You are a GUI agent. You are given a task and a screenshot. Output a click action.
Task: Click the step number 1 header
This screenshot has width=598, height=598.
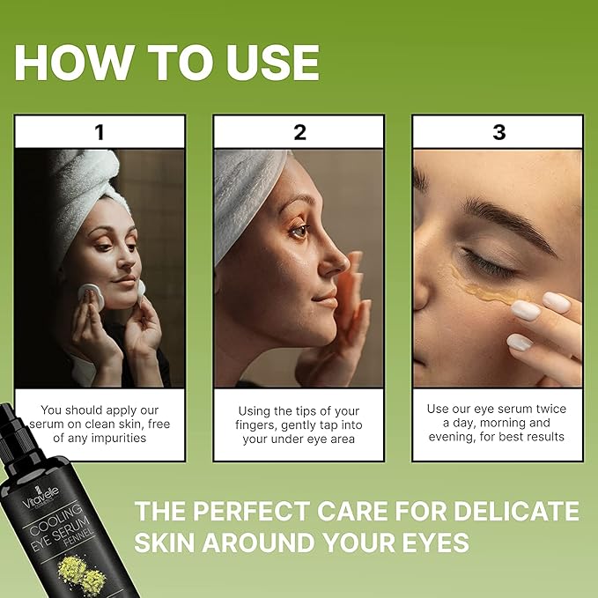[100, 133]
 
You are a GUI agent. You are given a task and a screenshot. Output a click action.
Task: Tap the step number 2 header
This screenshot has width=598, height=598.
[299, 133]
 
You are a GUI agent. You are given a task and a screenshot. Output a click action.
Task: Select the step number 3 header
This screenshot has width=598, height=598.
[498, 133]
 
